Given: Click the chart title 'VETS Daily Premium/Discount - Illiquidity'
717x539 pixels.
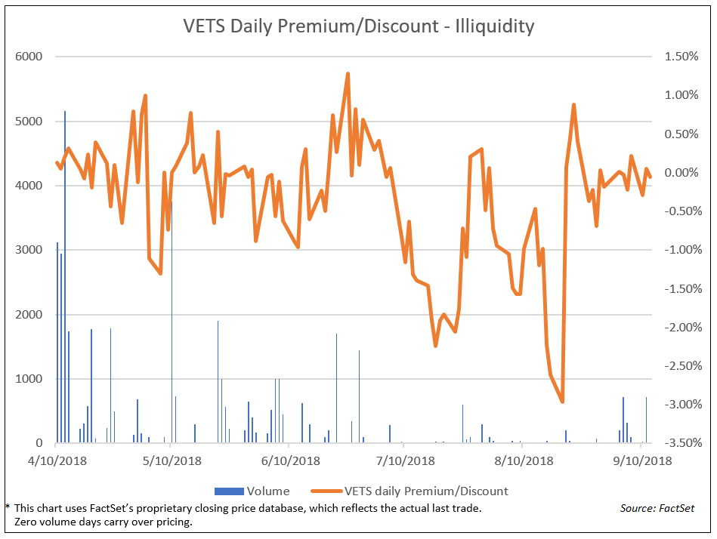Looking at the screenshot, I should (358, 26).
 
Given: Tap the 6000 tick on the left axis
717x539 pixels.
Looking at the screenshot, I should (29, 57).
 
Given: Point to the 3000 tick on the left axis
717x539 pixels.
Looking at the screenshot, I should (29, 250).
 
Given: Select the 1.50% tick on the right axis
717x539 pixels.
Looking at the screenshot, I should (678, 57).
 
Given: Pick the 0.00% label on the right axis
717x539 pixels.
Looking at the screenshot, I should (678, 173).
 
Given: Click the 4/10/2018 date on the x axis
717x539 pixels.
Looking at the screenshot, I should (57, 460).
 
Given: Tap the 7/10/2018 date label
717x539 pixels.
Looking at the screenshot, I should (403, 460).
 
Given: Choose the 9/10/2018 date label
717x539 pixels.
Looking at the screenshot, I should (640, 460).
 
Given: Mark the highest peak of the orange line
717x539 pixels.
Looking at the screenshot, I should (348, 74).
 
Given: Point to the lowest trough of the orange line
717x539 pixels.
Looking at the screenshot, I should (562, 402).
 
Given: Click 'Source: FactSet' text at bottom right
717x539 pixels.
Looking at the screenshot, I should (657, 509).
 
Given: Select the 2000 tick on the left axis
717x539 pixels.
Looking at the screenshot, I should (29, 315).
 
